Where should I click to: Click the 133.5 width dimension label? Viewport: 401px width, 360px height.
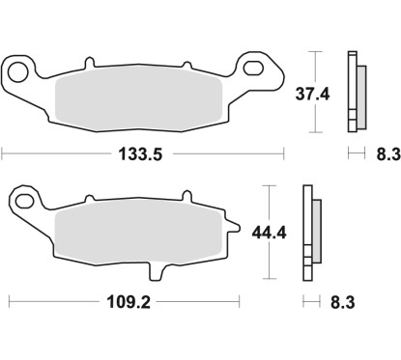144,152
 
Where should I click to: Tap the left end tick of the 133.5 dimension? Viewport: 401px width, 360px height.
3,152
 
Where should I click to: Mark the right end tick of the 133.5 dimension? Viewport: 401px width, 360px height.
284,152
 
